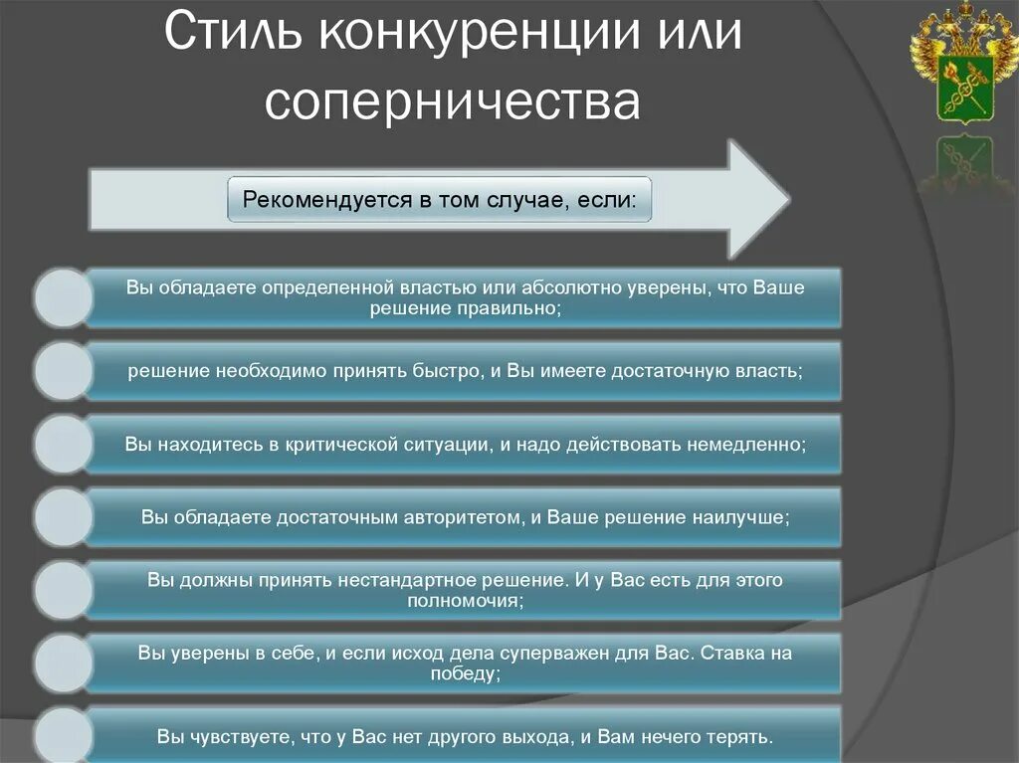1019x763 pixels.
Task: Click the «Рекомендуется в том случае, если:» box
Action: point(440,199)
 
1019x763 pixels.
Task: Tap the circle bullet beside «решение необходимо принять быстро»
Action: point(62,371)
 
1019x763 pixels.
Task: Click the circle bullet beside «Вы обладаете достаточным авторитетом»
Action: point(62,517)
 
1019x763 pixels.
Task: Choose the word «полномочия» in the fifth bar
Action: point(463,601)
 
